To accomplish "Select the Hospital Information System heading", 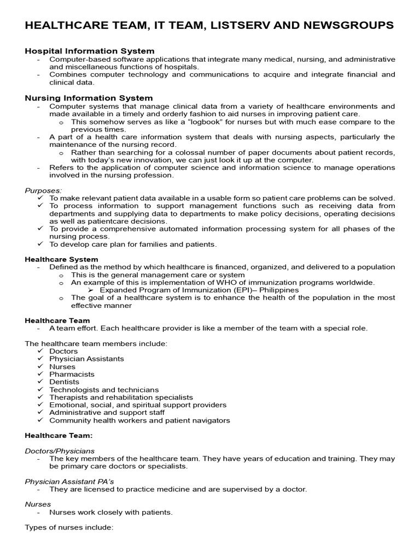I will click(x=90, y=51).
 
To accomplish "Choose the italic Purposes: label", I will click(x=43, y=190).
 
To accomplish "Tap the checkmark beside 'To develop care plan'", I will click(x=40, y=244).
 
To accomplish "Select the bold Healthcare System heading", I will click(x=62, y=259).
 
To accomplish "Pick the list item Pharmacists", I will click(x=72, y=374).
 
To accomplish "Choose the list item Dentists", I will click(x=64, y=382).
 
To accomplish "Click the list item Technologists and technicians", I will click(x=104, y=390).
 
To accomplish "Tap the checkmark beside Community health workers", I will click(x=40, y=420).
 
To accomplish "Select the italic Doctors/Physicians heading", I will click(x=60, y=451).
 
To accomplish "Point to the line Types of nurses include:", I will click(x=69, y=527).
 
